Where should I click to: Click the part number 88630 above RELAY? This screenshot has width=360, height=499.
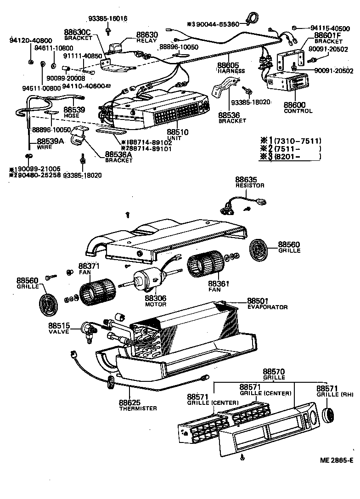coord(146,34)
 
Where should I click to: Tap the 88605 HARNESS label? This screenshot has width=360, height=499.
coord(231,68)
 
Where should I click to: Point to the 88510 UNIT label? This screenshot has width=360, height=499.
coord(177,134)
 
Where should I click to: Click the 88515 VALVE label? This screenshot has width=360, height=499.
coord(59,329)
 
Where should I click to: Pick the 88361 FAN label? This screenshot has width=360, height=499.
coord(219,287)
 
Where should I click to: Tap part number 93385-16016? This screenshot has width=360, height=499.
coord(108,18)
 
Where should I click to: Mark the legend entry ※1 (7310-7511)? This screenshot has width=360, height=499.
coord(290,141)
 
